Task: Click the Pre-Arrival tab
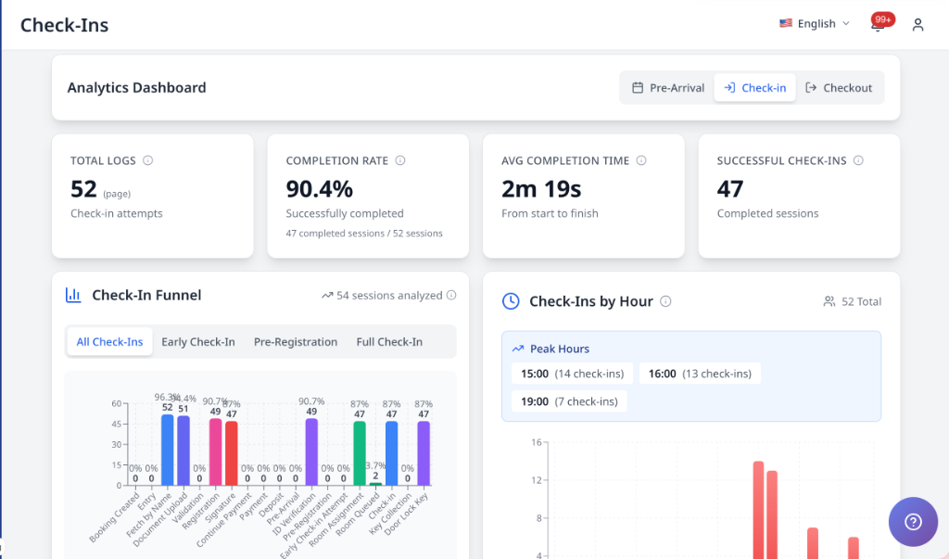tap(667, 88)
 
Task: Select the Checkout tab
tap(839, 88)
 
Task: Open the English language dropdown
tap(815, 24)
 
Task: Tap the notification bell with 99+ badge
tap(878, 25)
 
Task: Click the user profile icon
tap(917, 25)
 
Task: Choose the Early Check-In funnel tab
tap(198, 342)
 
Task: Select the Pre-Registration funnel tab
tap(296, 342)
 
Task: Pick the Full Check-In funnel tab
tap(389, 342)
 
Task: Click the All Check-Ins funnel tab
tap(109, 342)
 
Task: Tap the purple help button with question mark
tap(912, 522)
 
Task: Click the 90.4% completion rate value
tap(319, 189)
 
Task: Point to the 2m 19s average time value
tap(541, 189)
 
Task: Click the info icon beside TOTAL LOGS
tap(148, 160)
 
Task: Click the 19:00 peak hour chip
tap(569, 401)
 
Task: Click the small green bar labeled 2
tap(374, 483)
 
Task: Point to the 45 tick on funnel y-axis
tap(117, 425)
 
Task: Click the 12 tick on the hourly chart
tap(510, 480)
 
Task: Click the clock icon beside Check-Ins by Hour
tap(511, 301)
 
